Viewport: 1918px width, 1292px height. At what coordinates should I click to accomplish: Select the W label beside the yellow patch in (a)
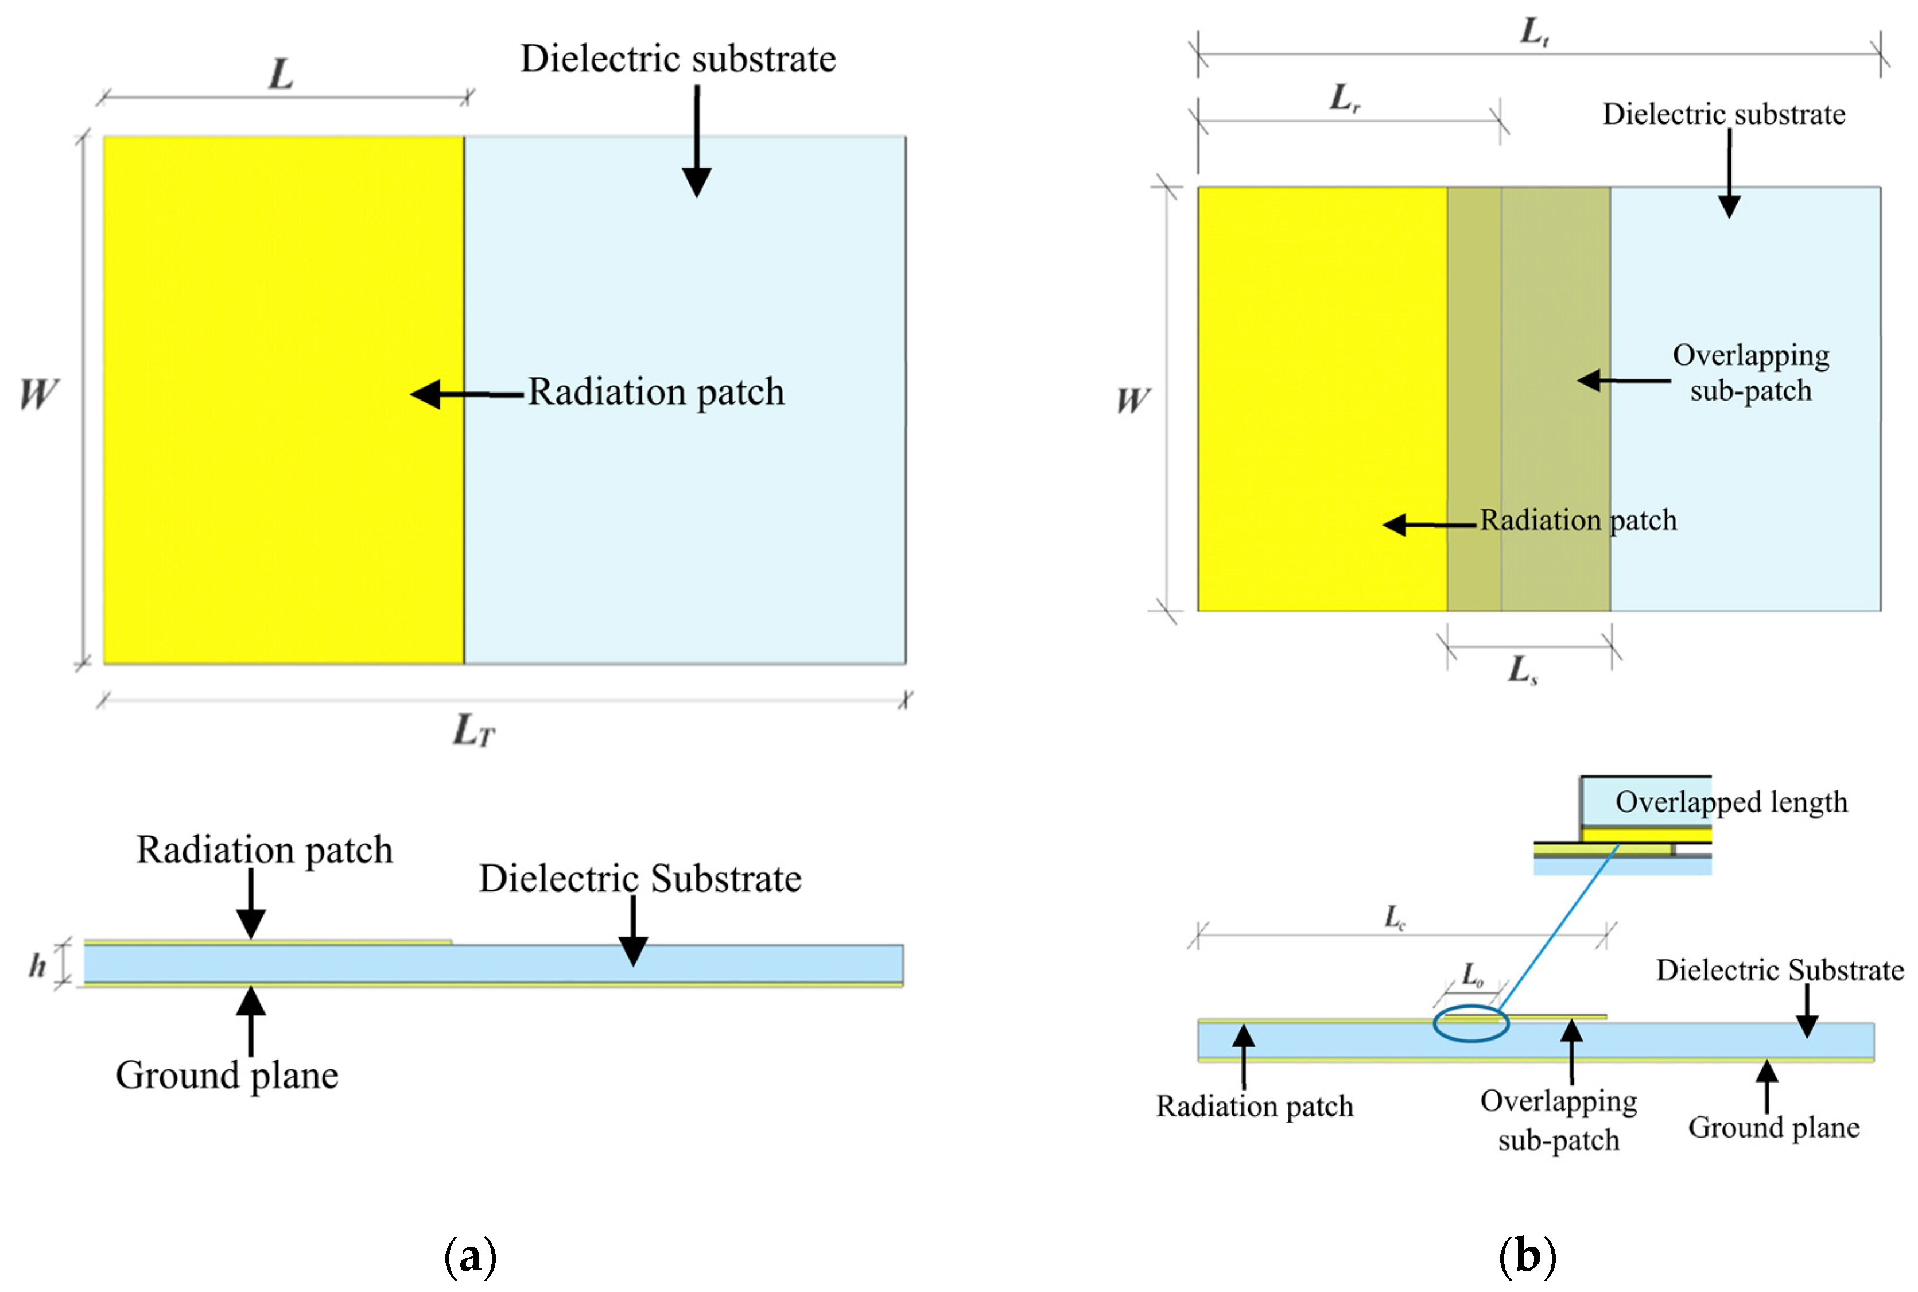click(38, 394)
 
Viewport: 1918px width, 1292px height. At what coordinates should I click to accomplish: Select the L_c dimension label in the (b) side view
click(1395, 916)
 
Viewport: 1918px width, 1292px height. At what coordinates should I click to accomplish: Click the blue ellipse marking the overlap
click(1470, 1024)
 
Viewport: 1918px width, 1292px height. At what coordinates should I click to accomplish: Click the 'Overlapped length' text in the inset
click(1731, 802)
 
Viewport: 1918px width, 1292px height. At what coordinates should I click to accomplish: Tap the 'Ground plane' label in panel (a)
click(227, 1075)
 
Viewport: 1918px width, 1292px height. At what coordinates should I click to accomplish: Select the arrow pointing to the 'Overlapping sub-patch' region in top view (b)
click(1623, 381)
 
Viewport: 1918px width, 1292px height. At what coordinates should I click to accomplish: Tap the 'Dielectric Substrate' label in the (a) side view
click(640, 878)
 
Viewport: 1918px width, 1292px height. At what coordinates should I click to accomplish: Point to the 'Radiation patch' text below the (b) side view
click(1255, 1106)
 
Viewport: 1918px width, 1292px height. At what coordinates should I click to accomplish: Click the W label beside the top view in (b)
click(1133, 401)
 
